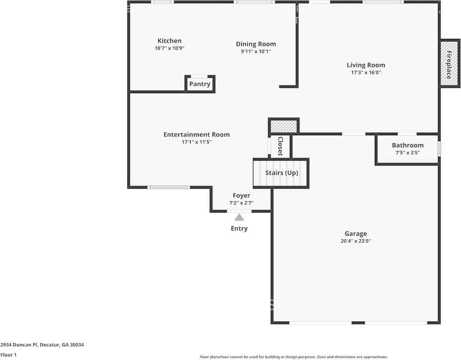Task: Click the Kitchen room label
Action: point(169,40)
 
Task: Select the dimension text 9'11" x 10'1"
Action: point(256,51)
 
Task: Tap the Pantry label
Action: point(200,84)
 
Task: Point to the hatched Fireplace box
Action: point(450,63)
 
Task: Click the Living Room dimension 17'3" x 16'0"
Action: point(366,72)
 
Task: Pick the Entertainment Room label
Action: point(196,134)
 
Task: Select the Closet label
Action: point(280,146)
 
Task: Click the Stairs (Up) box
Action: point(281,173)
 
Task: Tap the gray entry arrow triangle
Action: point(239,217)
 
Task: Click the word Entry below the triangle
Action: point(239,228)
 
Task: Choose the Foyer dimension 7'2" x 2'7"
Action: point(241,203)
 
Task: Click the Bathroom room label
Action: point(407,145)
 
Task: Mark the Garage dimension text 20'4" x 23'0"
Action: point(356,241)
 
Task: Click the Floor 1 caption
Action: point(8,355)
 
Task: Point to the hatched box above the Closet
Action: point(284,126)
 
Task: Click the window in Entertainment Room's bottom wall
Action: point(169,187)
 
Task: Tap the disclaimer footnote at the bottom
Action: point(293,357)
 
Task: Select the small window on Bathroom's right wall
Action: point(439,148)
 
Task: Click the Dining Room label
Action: point(256,44)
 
